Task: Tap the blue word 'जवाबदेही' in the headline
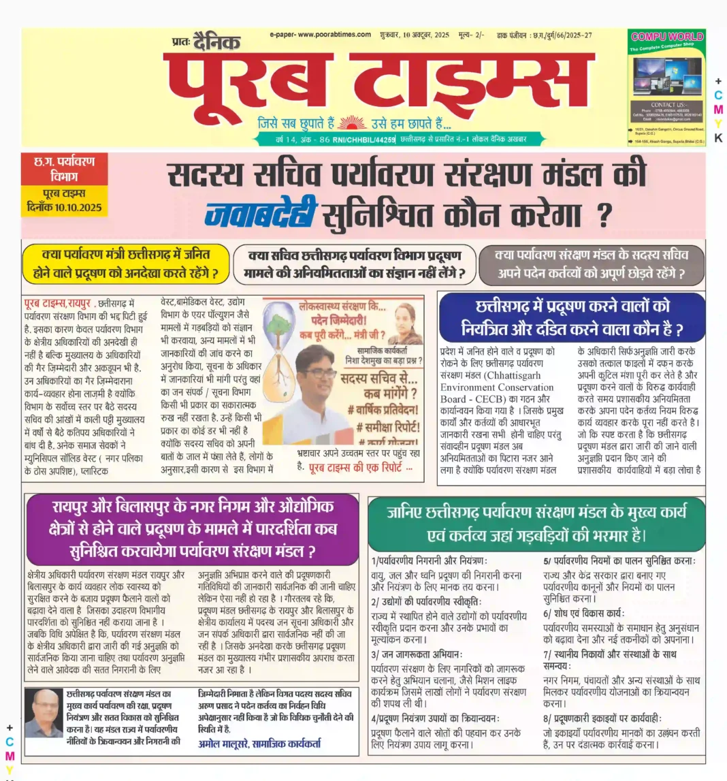pos(260,216)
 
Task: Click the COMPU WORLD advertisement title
pos(666,36)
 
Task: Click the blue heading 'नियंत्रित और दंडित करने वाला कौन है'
pos(571,319)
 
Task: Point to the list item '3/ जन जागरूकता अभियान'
pos(417,654)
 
